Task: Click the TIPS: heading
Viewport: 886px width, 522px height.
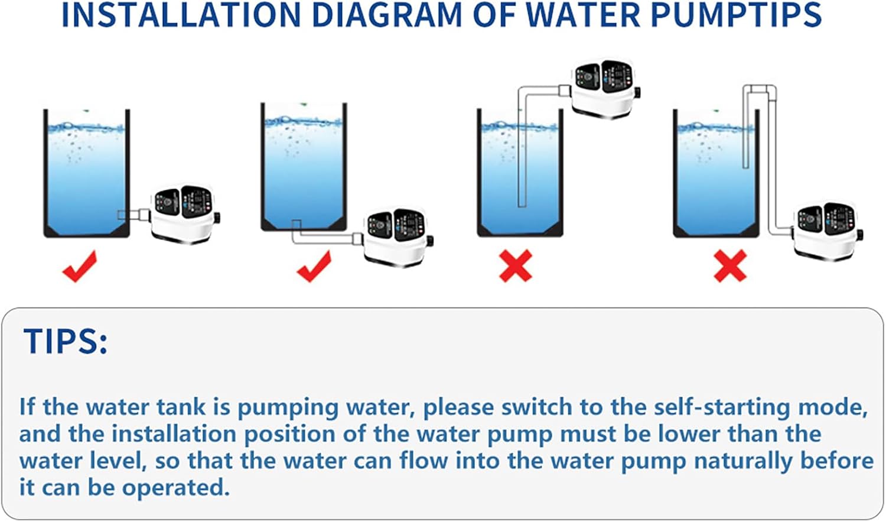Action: tap(66, 341)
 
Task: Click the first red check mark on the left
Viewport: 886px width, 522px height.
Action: tap(79, 266)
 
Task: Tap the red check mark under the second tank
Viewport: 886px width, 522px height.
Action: tap(314, 266)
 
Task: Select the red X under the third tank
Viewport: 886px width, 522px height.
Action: tap(516, 265)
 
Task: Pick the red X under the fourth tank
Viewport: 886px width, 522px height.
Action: tap(730, 265)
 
